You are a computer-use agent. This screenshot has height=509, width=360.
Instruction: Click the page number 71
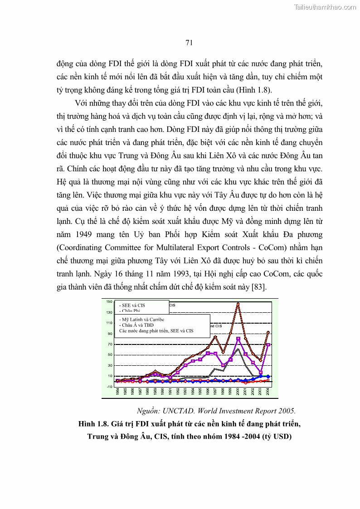point(190,43)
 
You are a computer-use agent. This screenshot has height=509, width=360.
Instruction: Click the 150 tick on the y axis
point(109,301)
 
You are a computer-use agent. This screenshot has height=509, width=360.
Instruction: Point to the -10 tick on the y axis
point(109,387)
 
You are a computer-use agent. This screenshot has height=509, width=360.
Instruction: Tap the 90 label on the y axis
point(109,334)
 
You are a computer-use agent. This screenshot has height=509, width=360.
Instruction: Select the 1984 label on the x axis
point(117,392)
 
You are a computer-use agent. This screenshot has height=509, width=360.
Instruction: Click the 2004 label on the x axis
point(268,392)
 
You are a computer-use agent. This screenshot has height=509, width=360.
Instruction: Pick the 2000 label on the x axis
point(238,392)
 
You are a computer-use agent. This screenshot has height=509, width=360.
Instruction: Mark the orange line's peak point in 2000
point(238,304)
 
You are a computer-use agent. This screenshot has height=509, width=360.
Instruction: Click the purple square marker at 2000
point(238,339)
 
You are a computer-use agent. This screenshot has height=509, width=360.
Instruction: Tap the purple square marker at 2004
point(268,345)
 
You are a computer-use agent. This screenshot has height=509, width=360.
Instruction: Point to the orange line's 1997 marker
point(215,337)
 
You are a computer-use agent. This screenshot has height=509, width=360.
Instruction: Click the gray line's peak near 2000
point(238,349)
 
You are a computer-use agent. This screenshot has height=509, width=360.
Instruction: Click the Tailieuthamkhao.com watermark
point(325,7)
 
